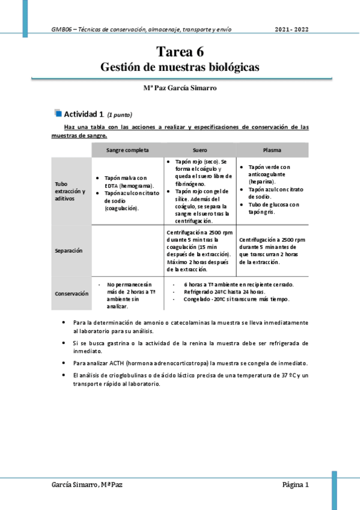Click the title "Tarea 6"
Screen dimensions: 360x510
pos(180,52)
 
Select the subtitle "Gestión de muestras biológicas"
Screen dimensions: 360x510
pos(180,67)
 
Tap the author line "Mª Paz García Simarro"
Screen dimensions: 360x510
pos(180,88)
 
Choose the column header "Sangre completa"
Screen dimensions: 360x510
pos(127,150)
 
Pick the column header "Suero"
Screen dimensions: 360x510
pos(200,150)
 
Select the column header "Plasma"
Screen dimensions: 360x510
pos(272,150)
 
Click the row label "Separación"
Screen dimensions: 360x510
pos(68,250)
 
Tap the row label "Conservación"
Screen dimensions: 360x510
pos(72,293)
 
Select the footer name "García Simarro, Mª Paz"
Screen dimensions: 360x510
pos(88,485)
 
